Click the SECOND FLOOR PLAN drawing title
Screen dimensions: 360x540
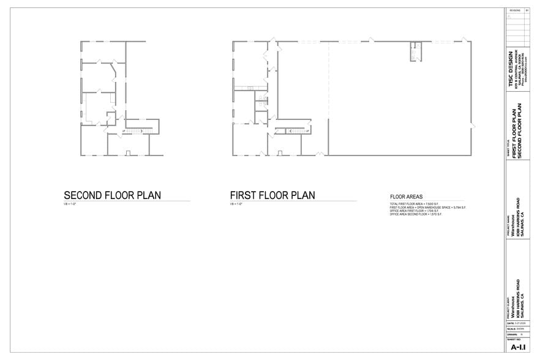[112, 195]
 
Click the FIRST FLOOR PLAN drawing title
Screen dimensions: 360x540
[272, 195]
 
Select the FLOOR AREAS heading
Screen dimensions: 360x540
[407, 197]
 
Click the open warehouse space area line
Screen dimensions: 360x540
[428, 208]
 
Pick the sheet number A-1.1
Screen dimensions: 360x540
[518, 347]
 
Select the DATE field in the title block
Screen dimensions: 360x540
[518, 322]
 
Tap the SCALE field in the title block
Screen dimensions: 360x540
[518, 328]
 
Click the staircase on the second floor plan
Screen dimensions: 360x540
[138, 130]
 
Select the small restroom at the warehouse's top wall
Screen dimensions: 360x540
[415, 52]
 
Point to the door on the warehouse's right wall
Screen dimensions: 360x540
[472, 126]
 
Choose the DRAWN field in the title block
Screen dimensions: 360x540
[518, 334]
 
